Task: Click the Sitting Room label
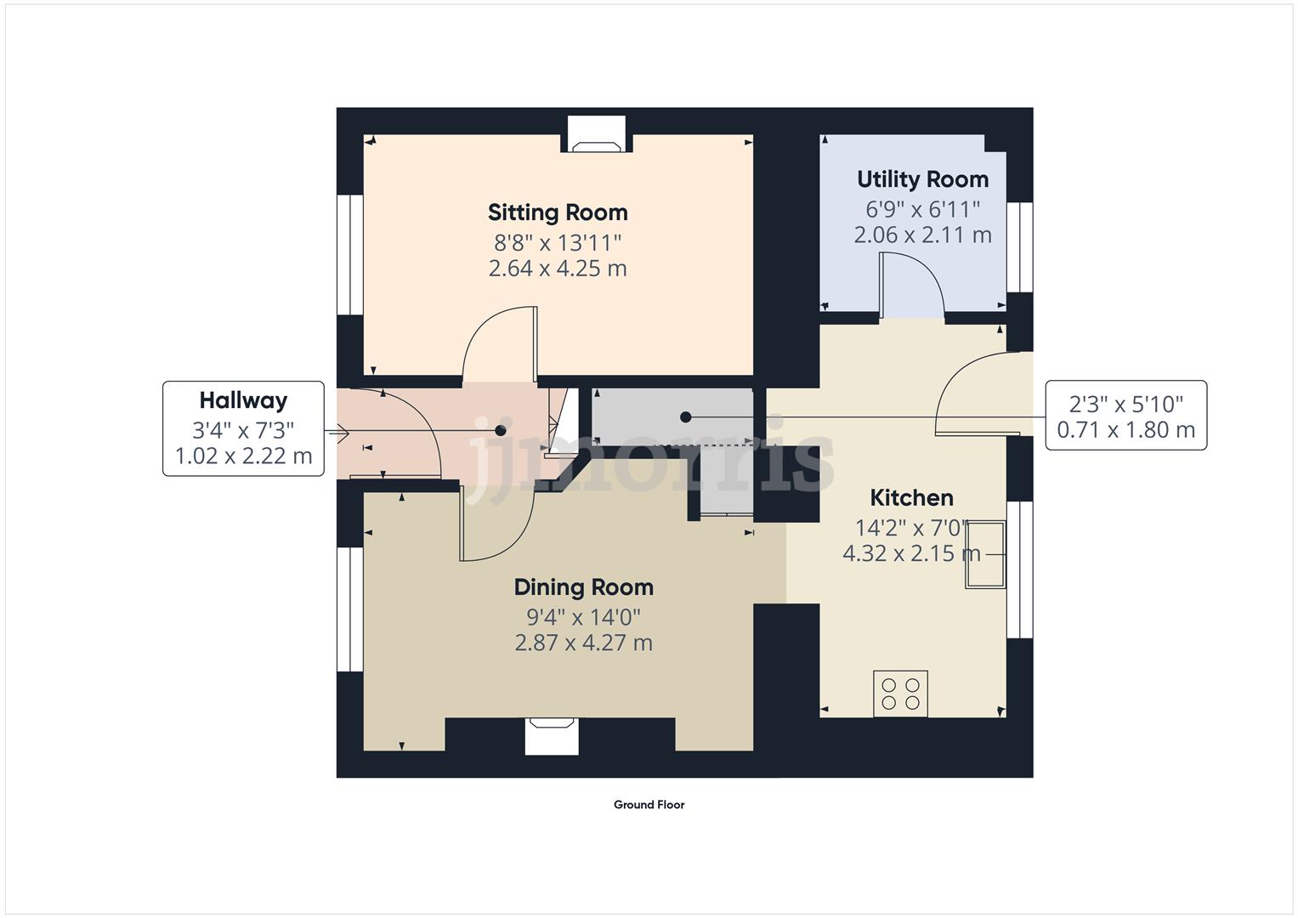557,212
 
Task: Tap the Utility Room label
922,179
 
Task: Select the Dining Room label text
583,587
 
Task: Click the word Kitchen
911,497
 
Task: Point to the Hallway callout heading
243,400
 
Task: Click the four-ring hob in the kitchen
901,694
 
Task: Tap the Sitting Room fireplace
596,136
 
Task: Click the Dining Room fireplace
552,735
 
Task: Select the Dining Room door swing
495,523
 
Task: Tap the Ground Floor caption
649,805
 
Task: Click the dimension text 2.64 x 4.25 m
557,269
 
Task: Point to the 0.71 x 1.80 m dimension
1125,430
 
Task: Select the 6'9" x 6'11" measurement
922,208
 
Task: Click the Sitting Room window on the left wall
349,255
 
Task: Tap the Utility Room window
1019,247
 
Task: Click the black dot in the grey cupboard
685,416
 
